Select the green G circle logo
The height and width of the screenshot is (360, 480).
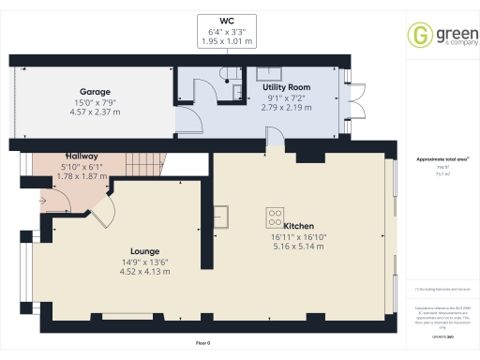419,37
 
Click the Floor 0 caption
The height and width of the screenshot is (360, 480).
202,344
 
